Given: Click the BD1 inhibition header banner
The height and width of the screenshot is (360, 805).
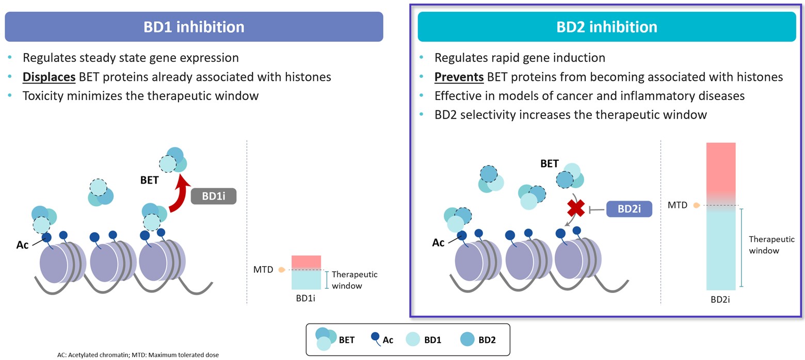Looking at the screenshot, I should (x=194, y=27).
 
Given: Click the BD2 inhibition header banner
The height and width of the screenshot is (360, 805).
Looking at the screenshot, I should (x=606, y=27).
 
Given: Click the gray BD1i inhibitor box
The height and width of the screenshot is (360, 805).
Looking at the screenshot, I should (x=213, y=197).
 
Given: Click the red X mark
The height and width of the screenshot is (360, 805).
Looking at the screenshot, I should (x=576, y=208).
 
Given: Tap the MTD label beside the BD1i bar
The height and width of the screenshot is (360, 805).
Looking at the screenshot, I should (x=263, y=269).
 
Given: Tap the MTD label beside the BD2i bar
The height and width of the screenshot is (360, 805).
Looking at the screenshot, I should (x=678, y=205).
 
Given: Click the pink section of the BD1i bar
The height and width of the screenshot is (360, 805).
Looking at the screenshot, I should (x=306, y=261).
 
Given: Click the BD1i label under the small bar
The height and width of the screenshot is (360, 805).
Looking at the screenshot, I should (x=306, y=298).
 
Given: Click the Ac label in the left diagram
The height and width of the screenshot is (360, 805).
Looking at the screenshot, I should (x=22, y=245).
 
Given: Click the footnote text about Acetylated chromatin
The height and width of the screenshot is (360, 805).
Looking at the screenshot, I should (x=138, y=355).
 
